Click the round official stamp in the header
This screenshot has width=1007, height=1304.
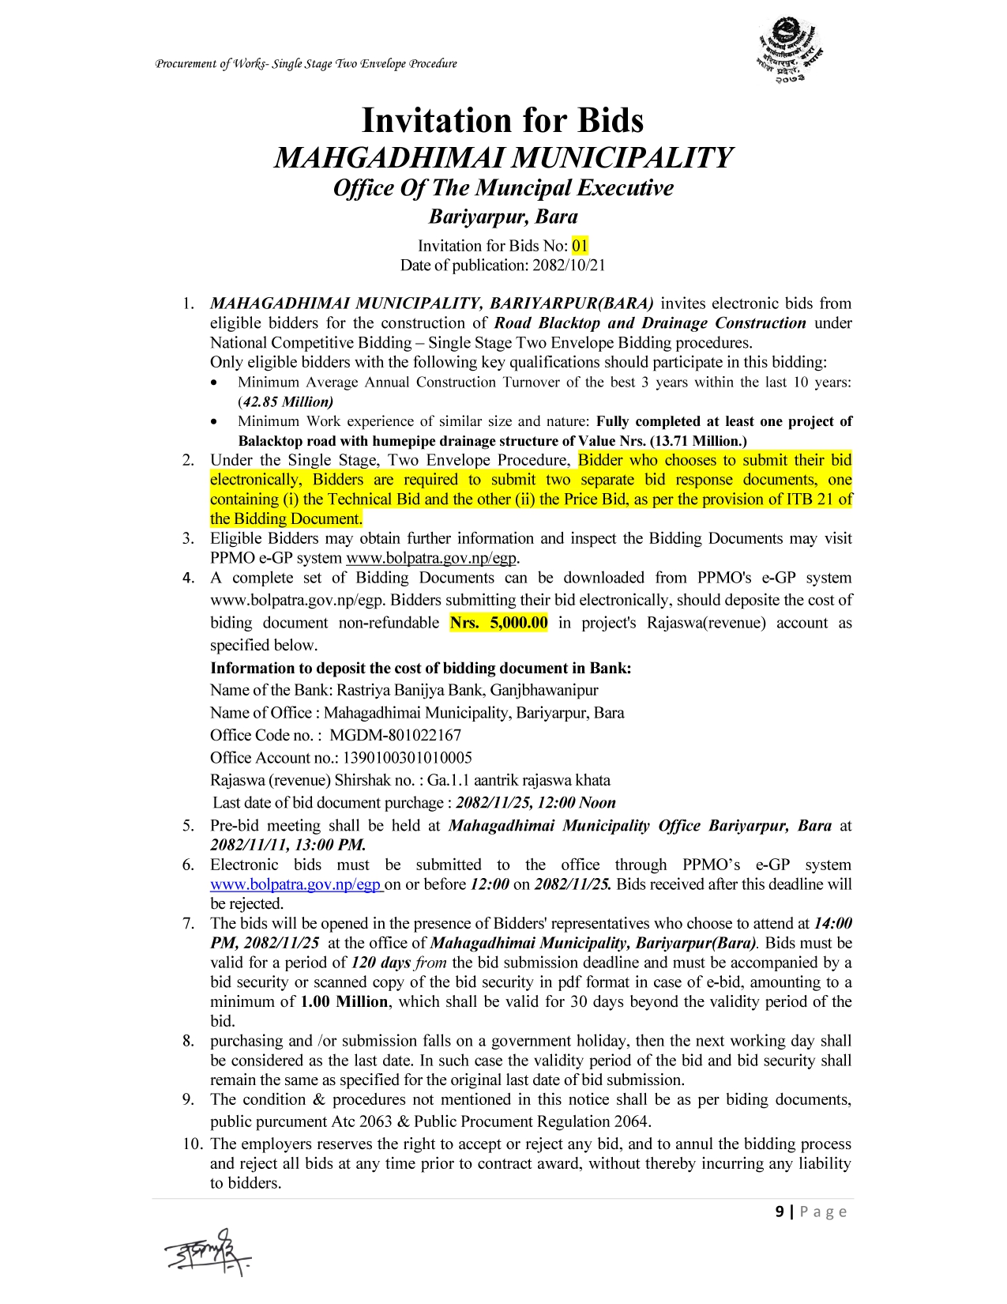pyautogui.click(x=790, y=50)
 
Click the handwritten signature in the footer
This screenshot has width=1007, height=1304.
pyautogui.click(x=208, y=1251)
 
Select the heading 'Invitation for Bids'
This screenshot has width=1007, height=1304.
pyautogui.click(x=502, y=121)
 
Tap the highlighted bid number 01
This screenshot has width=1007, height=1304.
pyautogui.click(x=581, y=246)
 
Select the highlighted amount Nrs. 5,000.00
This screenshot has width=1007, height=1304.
pyautogui.click(x=498, y=623)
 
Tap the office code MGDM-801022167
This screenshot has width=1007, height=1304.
pyautogui.click(x=395, y=735)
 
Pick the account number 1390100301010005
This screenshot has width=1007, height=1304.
pyautogui.click(x=407, y=758)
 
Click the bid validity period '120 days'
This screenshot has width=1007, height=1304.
pyautogui.click(x=381, y=963)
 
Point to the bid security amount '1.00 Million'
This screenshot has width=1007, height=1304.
pyautogui.click(x=344, y=1002)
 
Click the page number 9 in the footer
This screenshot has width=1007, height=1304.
pyautogui.click(x=780, y=1212)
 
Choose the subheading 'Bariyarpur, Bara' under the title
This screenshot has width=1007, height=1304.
pyautogui.click(x=503, y=217)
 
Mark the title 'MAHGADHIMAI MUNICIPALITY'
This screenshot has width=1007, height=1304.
pyautogui.click(x=503, y=158)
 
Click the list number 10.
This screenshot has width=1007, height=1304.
pyautogui.click(x=193, y=1144)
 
